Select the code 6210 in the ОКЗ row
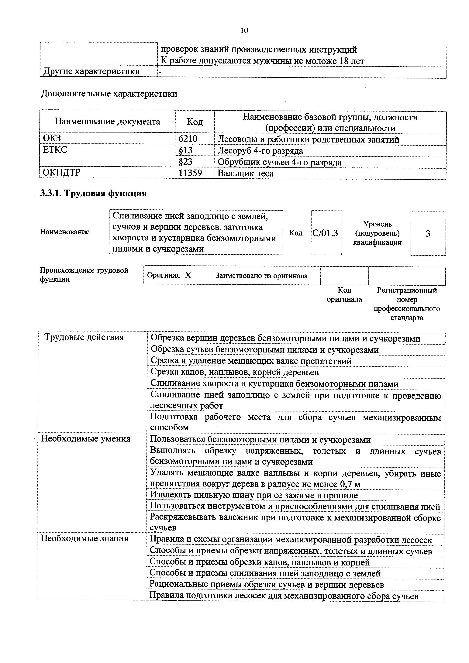click(188, 139)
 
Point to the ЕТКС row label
click(55, 149)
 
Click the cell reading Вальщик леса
click(246, 173)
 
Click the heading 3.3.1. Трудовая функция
click(93, 193)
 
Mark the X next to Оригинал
click(188, 275)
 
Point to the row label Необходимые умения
click(86, 439)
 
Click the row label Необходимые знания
click(84, 538)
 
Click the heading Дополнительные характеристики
click(109, 94)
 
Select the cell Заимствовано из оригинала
click(261, 276)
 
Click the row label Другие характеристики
click(91, 71)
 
